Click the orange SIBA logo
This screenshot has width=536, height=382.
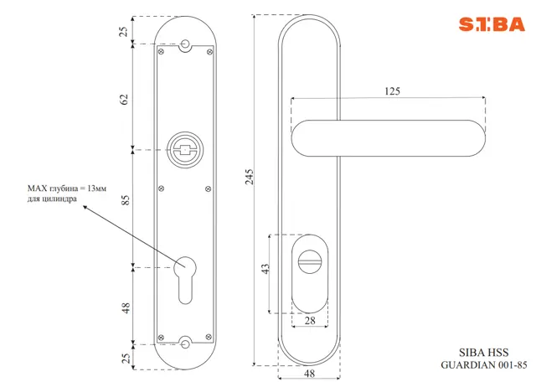(492, 24)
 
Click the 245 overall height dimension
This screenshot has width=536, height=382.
(250, 177)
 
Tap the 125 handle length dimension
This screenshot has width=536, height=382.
(392, 91)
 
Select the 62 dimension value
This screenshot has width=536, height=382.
(124, 99)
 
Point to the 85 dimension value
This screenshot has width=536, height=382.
(126, 200)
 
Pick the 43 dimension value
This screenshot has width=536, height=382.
(265, 268)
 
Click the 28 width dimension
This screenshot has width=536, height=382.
(310, 321)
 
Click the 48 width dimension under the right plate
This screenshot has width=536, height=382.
(309, 373)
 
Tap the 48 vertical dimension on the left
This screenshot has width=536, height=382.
(126, 307)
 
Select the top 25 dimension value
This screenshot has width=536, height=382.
(124, 32)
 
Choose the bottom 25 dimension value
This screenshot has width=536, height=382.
(126, 358)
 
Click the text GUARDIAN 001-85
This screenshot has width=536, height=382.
(484, 365)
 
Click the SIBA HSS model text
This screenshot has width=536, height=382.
(483, 352)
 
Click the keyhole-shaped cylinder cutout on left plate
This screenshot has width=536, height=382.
(185, 280)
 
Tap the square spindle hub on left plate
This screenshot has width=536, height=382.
(185, 150)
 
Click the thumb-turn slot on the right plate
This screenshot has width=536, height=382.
(310, 262)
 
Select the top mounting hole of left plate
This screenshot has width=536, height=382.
(185, 44)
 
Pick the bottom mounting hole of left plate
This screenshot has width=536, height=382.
(185, 344)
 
